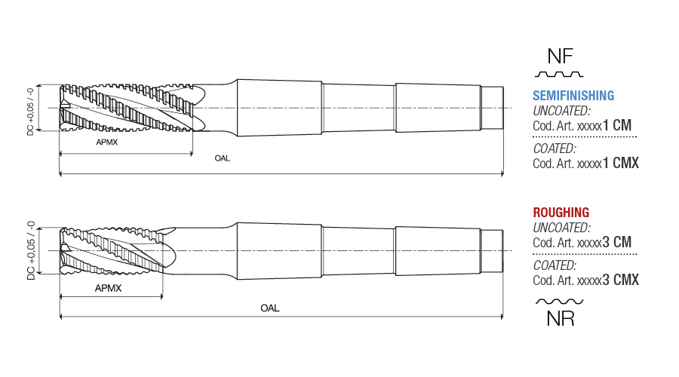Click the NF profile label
click(x=560, y=57)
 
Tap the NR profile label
click(x=561, y=319)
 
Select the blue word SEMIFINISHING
click(x=573, y=96)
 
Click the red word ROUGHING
click(x=561, y=213)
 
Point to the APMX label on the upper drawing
click(x=107, y=142)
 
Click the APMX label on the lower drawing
click(x=108, y=288)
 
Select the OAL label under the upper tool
click(x=222, y=158)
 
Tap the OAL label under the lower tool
click(x=270, y=308)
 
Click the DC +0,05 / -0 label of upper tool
click(x=30, y=112)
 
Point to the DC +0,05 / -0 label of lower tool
click(x=31, y=250)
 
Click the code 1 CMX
click(x=621, y=163)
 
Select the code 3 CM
click(x=616, y=242)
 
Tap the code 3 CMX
click(x=621, y=280)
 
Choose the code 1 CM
click(x=617, y=125)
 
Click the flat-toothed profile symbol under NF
click(x=559, y=75)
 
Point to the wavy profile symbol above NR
click(x=560, y=302)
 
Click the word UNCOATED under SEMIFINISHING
click(x=561, y=111)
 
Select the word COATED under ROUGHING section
click(x=555, y=265)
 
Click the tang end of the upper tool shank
click(x=493, y=108)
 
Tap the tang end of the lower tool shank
click(x=493, y=250)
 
